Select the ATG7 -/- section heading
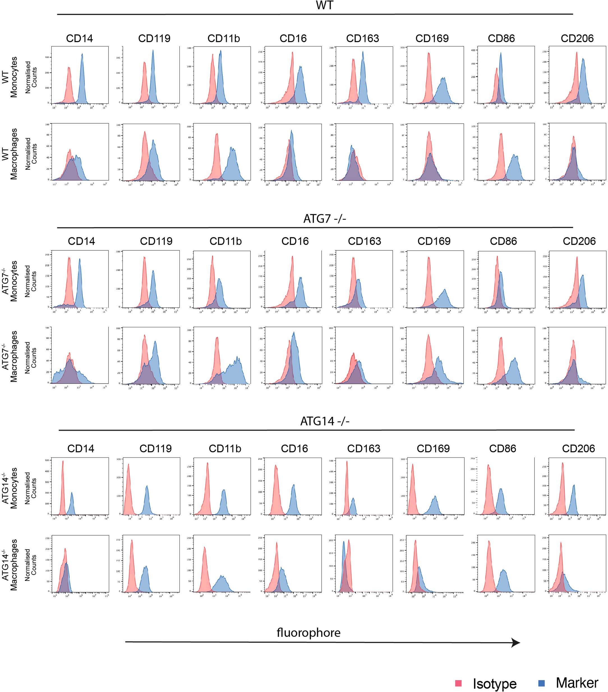pyautogui.click(x=324, y=218)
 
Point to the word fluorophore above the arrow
pyautogui.click(x=308, y=632)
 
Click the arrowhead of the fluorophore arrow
pyautogui.click(x=515, y=643)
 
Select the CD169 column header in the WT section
pyautogui.click(x=432, y=38)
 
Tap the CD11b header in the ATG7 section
pyautogui.click(x=225, y=241)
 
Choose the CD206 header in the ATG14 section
pyautogui.click(x=578, y=448)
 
